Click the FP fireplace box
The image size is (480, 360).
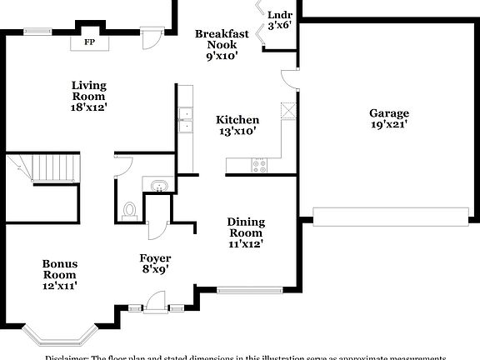tap(89, 41)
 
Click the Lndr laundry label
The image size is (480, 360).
tap(279, 15)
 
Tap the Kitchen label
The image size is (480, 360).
tap(237, 120)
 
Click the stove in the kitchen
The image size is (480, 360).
tap(258, 165)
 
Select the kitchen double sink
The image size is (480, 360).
tap(184, 122)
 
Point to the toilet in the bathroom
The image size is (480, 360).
tap(130, 210)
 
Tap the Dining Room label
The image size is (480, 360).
tap(246, 227)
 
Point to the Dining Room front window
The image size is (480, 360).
tap(247, 291)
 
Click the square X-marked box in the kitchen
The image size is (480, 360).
tap(289, 109)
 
